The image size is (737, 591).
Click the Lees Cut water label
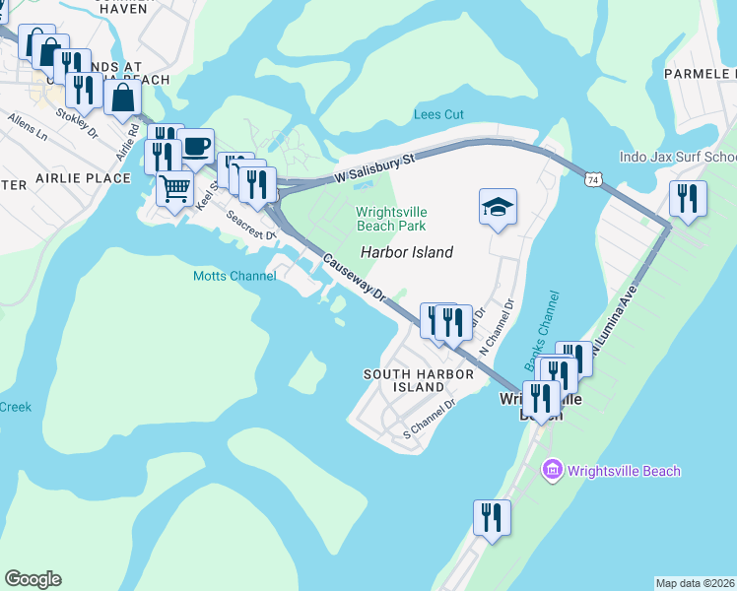[438, 115]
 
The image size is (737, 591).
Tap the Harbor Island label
[406, 252]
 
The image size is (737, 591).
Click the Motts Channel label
[234, 277]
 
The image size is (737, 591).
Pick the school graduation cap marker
[498, 207]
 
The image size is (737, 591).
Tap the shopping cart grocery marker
[174, 187]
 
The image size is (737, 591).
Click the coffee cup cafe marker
[196, 147]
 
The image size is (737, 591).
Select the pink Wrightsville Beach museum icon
[551, 471]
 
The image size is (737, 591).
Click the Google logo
[33, 579]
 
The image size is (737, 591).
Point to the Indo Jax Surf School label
[678, 157]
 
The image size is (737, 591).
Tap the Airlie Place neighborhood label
[83, 178]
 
